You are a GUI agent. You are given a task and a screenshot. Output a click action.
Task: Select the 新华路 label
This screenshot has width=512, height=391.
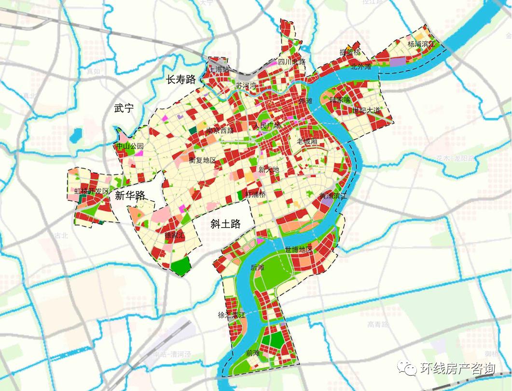(x=130, y=195)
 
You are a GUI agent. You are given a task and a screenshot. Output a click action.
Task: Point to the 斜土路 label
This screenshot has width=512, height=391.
(x=225, y=223)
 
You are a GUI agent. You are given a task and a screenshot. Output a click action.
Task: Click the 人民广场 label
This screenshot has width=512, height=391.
(x=267, y=126)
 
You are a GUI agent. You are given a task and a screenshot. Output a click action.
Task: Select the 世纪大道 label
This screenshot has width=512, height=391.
(x=366, y=111)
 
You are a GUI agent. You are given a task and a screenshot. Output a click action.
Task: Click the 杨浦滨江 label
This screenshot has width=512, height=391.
(x=421, y=44)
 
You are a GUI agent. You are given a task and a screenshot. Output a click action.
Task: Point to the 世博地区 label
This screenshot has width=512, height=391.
(x=299, y=249)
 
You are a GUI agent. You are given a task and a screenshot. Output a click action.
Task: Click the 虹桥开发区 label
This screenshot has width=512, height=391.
(x=91, y=191)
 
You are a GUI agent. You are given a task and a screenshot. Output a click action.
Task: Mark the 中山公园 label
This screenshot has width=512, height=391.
(x=130, y=146)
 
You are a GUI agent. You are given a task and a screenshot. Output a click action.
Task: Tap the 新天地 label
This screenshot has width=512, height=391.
(x=268, y=170)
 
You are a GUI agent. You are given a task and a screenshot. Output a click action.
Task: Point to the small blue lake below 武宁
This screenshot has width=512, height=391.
(x=75, y=137)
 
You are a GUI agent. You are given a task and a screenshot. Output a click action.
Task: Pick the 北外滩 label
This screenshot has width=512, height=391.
(x=361, y=67)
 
